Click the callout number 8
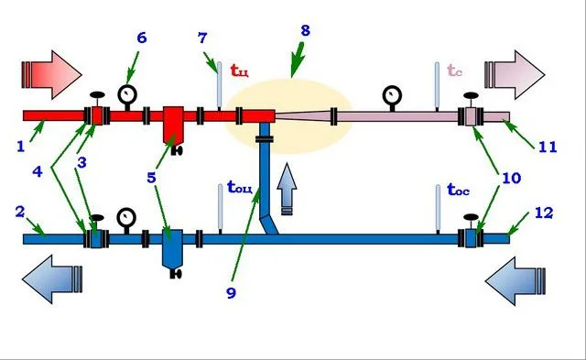[x=305, y=30]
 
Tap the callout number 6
[x=142, y=38]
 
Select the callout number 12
[x=544, y=213]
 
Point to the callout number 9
[x=232, y=293]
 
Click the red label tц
[x=240, y=71]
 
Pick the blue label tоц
[x=240, y=187]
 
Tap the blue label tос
[x=458, y=190]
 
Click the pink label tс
[x=454, y=70]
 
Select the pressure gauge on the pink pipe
[x=392, y=96]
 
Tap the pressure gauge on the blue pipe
[x=126, y=219]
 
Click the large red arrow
[x=51, y=75]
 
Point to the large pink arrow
[x=515, y=75]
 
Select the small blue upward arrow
[x=287, y=189]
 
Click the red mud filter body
[x=173, y=125]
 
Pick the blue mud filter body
[x=172, y=248]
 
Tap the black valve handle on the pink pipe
[x=471, y=95]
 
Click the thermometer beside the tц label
[x=220, y=86]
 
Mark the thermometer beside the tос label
[x=438, y=209]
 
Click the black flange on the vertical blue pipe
[x=265, y=139]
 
